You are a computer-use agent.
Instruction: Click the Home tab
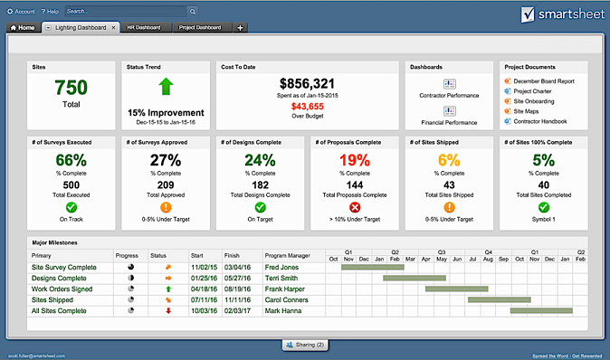(x=23, y=28)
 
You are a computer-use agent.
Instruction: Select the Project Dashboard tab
(x=200, y=28)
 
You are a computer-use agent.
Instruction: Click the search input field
(x=127, y=11)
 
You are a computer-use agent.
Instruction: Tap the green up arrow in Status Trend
(x=165, y=87)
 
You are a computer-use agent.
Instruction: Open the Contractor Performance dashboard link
(x=449, y=94)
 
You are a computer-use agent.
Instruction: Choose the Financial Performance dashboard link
(x=449, y=121)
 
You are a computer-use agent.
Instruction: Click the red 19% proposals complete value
(x=355, y=161)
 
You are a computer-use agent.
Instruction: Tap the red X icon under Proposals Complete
(x=355, y=206)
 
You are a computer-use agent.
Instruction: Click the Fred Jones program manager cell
(x=281, y=268)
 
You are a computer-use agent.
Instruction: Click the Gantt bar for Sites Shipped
(x=478, y=299)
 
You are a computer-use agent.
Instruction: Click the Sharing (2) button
(x=305, y=345)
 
